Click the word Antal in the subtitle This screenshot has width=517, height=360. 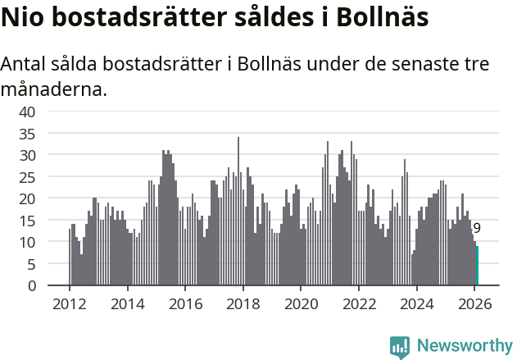pos(25,65)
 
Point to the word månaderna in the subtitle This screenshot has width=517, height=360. pos(54,89)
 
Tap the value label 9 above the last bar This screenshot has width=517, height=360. pos(477,229)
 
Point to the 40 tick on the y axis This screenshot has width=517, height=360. pos(28,112)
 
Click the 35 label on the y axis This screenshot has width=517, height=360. pos(28,133)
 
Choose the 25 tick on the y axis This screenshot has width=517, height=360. pos(28,177)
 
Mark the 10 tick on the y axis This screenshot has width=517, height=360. pos(28,242)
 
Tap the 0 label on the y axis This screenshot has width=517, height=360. pos(32,286)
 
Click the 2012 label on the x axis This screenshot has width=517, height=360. pos(69,303)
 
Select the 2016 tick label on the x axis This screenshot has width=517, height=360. pos(185,303)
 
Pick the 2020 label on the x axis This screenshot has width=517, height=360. pos(301,303)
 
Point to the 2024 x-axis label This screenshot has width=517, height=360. pos(416,303)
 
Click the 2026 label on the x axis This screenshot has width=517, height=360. pos(474,303)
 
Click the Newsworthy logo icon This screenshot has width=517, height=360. pos(400,346)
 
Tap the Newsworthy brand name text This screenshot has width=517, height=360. pos(464,346)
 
